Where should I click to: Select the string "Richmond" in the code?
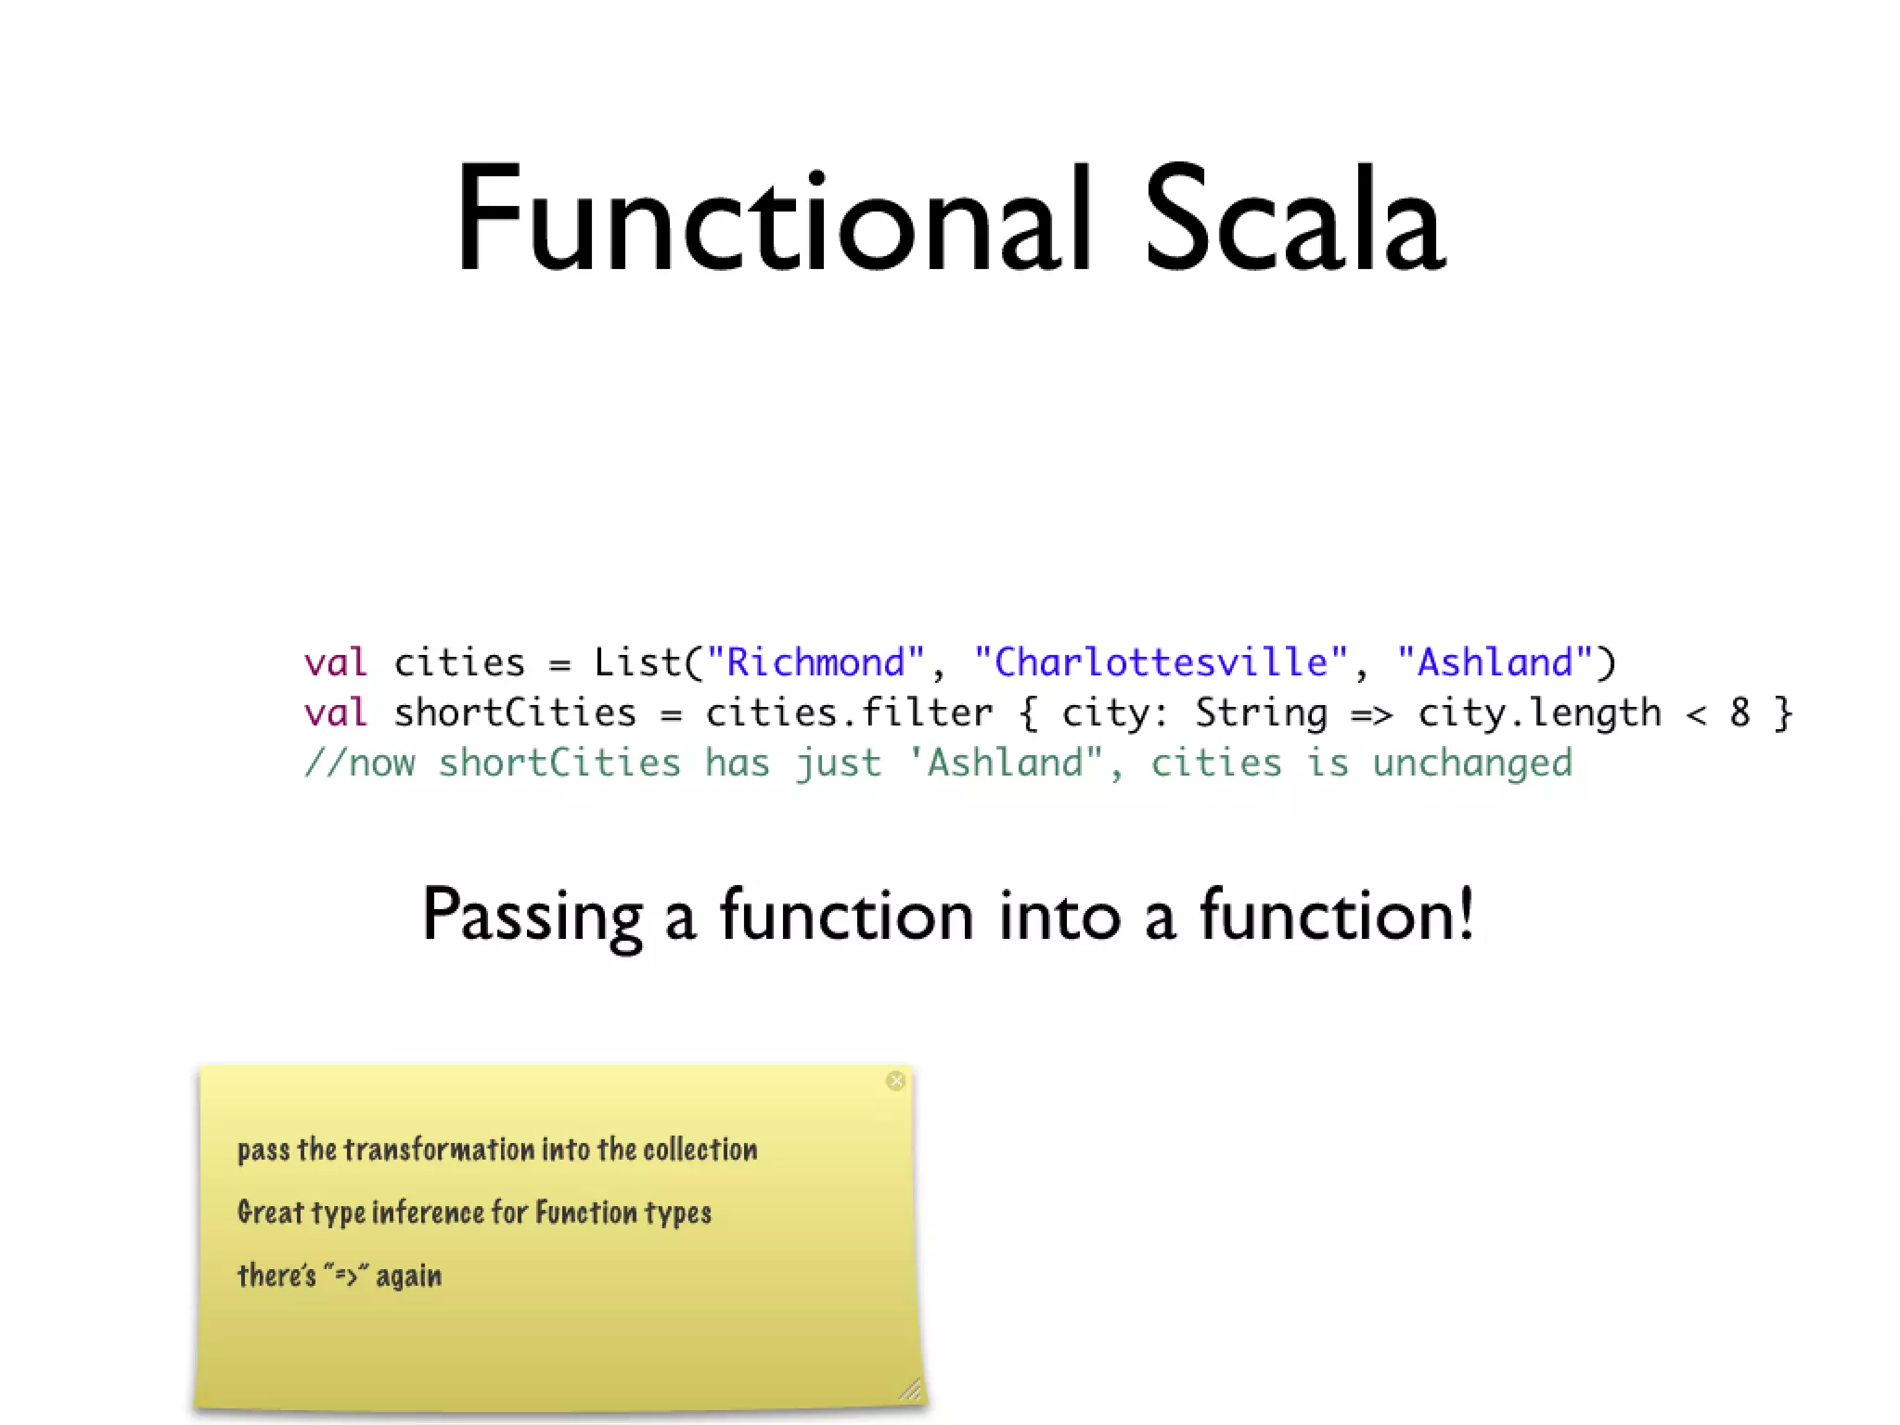point(815,662)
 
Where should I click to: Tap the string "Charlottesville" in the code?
point(1160,662)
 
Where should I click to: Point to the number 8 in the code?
point(1740,712)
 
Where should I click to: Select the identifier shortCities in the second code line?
point(515,712)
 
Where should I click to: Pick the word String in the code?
point(1260,712)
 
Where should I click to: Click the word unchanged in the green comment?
point(1472,764)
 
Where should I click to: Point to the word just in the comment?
point(838,764)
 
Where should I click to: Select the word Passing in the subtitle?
point(533,916)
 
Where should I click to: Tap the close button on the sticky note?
point(895,1081)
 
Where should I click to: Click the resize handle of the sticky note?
point(910,1389)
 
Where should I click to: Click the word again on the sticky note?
point(408,1277)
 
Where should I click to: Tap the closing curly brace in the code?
point(1783,712)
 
